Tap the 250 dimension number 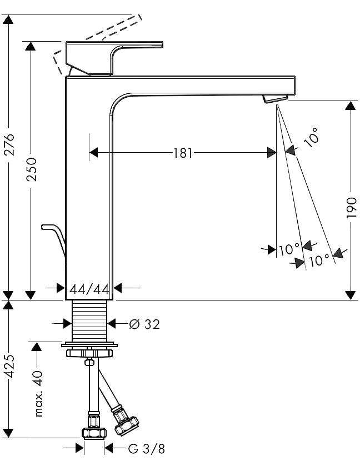click(x=31, y=169)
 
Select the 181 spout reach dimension click(x=183, y=153)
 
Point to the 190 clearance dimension click(x=351, y=208)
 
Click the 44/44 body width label click(x=89, y=289)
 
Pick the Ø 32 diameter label click(x=144, y=324)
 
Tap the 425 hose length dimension click(x=9, y=366)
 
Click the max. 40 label click(x=38, y=393)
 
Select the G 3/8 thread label click(x=147, y=449)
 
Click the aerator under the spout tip click(x=275, y=99)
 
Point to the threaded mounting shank click(x=89, y=321)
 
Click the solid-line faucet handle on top click(x=114, y=58)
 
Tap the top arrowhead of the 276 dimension click(x=9, y=19)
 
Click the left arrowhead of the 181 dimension click(x=94, y=153)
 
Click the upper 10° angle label click(x=311, y=137)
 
